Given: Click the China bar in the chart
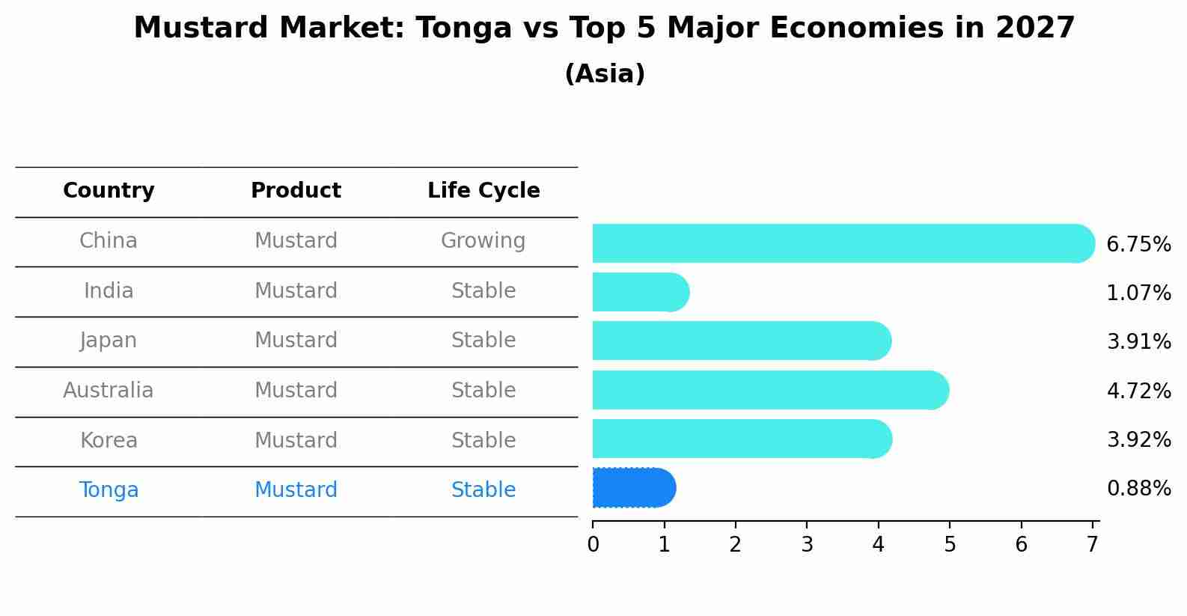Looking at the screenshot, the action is pos(843,243).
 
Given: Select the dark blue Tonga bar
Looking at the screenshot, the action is pos(635,488).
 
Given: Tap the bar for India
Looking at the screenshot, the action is pos(641,292).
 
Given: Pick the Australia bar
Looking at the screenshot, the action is pos(771,390).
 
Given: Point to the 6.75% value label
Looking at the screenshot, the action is pos(1139,245).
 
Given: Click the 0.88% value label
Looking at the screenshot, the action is pos(1139,488).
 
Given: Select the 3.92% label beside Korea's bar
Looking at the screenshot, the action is pos(1139,439).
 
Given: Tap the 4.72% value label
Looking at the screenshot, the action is pos(1139,391).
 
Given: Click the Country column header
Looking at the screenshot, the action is pos(109,190).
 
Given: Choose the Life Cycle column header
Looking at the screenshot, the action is pos(483,190).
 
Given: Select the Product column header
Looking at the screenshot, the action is pos(296,190).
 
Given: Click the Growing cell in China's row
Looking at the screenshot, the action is pos(483,241).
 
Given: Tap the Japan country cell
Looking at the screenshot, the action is pos(109,341).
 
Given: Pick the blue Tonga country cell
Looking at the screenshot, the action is pos(109,490).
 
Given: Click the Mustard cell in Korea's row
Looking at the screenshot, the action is pos(296,440).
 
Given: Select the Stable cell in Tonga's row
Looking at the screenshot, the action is pos(483,490).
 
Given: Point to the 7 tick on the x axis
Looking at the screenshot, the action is pos(1092,544).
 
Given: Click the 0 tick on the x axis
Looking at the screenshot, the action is pos(593,544).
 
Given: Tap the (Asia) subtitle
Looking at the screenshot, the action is pos(605,73).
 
